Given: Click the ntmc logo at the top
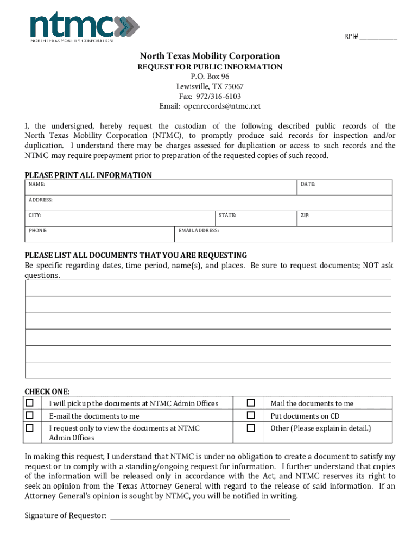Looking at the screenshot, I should coord(84,27).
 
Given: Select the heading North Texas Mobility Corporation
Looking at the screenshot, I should coord(210,56).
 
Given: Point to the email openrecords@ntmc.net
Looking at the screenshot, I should coord(210,106).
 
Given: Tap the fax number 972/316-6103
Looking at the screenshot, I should coord(210,96).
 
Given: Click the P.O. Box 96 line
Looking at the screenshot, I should coord(210,77).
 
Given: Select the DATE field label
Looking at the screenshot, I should coord(308,185).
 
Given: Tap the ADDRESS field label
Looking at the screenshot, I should coord(41,200).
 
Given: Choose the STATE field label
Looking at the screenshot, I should coord(227,216).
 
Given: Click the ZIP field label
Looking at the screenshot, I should coord(305,216).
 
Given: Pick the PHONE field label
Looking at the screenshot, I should coord(38,231).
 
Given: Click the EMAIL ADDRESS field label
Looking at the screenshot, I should coord(199,231).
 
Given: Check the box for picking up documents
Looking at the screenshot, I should coord(30,403).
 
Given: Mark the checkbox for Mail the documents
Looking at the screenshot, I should coord(251,403).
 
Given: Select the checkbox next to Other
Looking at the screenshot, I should coord(251,428).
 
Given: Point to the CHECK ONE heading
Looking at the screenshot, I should coord(47,391).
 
